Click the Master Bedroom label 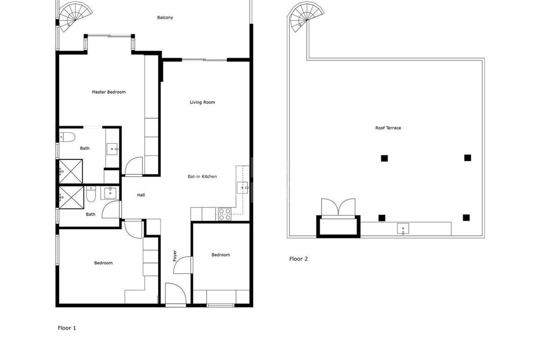coord(108,92)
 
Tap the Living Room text coord(202,102)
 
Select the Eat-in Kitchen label coord(202,177)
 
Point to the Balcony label coord(165,18)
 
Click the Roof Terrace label coord(388,128)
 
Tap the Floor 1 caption coord(67,328)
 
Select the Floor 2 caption coord(298,259)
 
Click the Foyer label coord(175,256)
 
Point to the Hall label coord(141,195)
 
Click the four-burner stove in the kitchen coord(224,214)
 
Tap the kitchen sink coord(243,188)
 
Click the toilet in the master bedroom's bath coord(64,137)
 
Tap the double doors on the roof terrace coord(338,208)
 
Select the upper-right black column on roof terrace coord(467,158)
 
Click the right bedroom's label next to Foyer coord(221,255)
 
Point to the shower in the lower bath coord(71,197)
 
